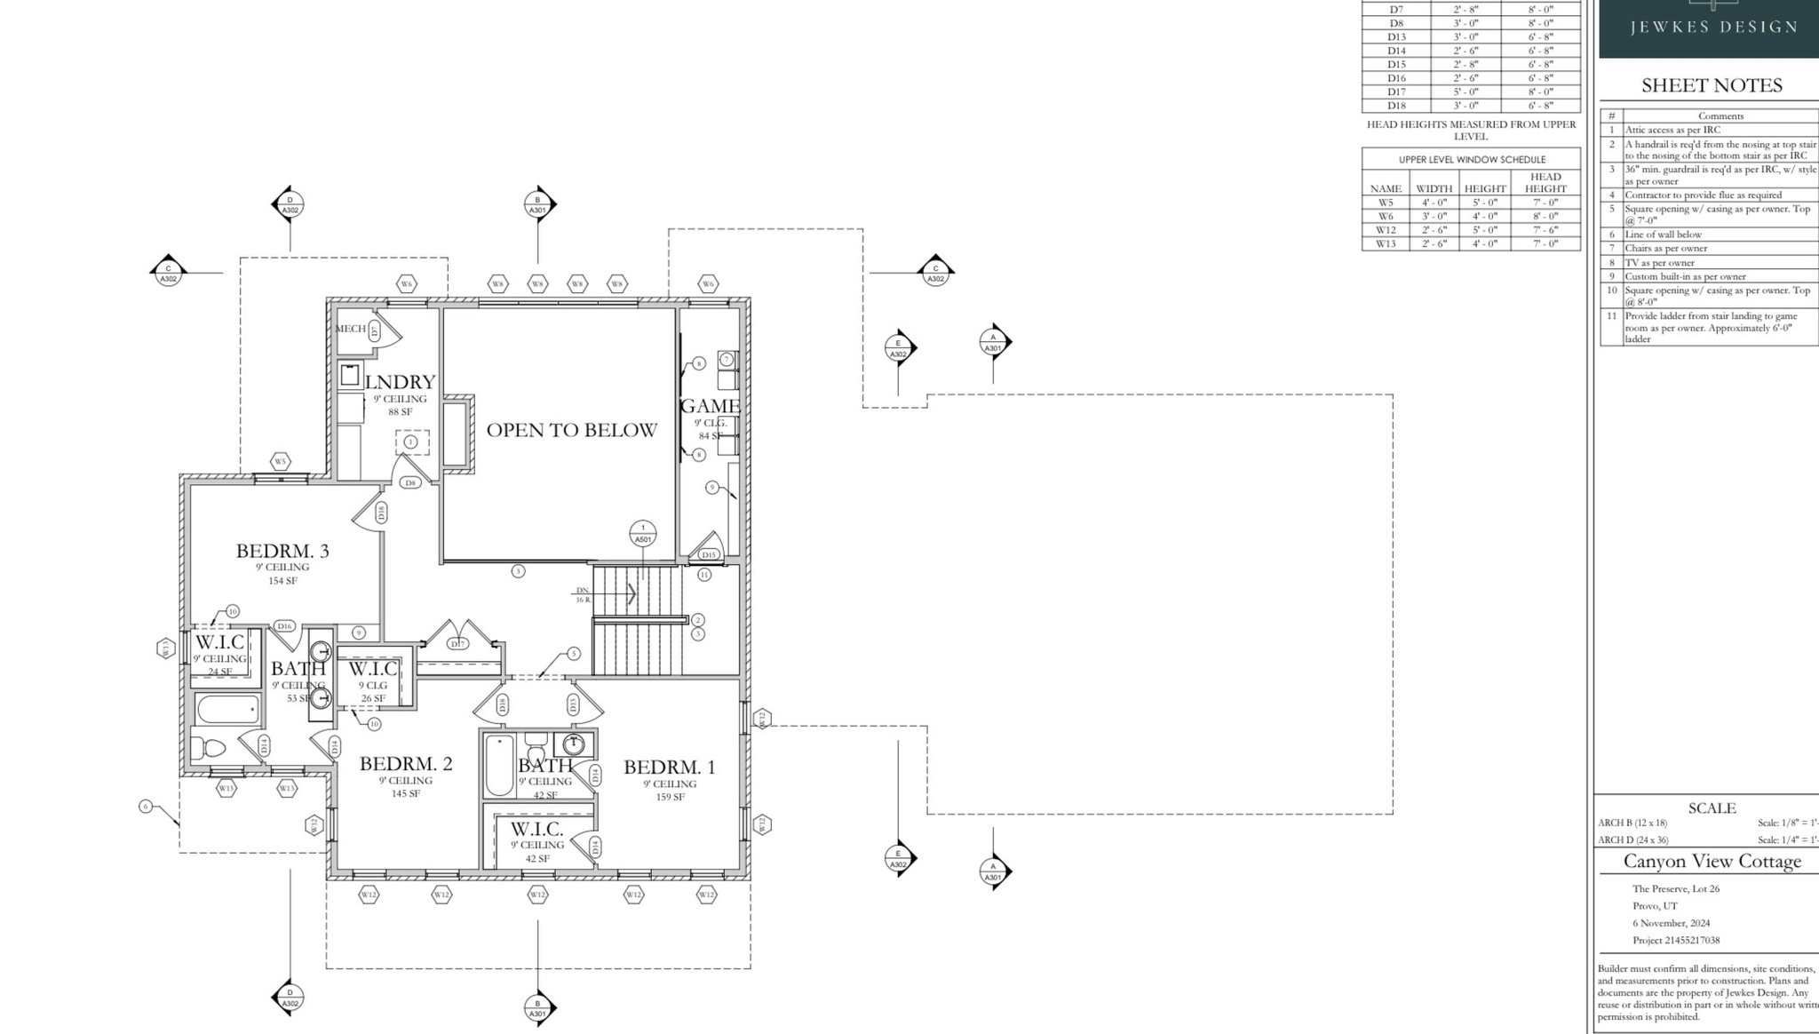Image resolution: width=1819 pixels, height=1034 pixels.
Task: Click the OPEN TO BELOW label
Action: [571, 430]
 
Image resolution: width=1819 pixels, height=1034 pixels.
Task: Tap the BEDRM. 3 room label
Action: [282, 551]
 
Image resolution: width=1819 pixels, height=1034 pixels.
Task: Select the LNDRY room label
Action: [400, 382]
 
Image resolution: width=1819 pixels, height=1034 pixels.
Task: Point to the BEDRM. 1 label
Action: [669, 768]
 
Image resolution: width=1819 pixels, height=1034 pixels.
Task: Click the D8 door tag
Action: [409, 483]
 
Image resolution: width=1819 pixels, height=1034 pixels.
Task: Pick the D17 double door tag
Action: [457, 644]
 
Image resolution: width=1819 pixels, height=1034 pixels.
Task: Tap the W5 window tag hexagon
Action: [280, 462]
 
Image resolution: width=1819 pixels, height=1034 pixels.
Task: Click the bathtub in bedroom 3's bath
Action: [227, 710]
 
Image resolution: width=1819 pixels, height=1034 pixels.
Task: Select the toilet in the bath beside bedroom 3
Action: [210, 748]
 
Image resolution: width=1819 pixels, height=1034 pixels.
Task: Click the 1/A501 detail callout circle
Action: [643, 534]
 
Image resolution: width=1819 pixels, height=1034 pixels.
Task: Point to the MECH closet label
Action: [350, 329]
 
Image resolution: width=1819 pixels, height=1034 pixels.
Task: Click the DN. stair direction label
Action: [583, 590]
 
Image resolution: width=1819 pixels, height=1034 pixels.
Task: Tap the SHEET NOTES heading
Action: [1712, 86]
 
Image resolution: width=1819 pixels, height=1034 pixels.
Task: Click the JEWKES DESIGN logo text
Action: [1713, 28]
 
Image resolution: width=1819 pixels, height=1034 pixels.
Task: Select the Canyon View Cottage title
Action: [1712, 862]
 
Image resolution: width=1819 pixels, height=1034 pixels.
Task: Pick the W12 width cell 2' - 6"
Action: [1434, 230]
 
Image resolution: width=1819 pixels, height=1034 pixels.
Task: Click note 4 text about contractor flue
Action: [1703, 195]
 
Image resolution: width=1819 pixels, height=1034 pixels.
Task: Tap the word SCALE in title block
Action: [1712, 808]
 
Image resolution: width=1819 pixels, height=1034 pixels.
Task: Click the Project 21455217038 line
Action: [1675, 941]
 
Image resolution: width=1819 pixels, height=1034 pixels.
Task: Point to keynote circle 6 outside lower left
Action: [146, 807]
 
